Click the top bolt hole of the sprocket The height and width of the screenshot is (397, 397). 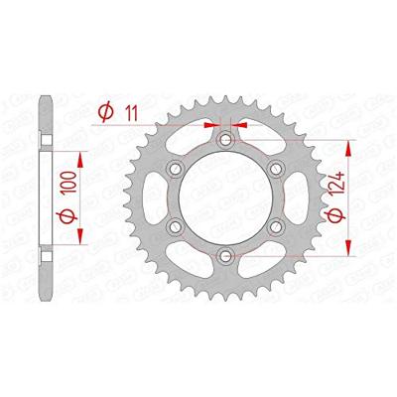pyautogui.click(x=226, y=139)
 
